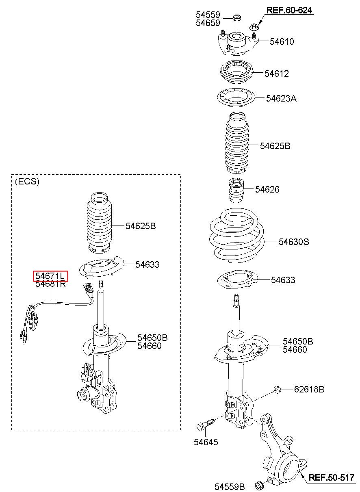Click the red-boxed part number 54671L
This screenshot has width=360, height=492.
pyautogui.click(x=50, y=276)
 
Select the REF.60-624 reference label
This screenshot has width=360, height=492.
pyautogui.click(x=289, y=10)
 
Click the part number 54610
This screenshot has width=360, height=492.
pyautogui.click(x=282, y=41)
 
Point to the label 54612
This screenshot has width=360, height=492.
pyautogui.click(x=277, y=74)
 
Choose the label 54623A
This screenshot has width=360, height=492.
pyautogui.click(x=281, y=98)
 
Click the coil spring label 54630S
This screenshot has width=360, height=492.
pyautogui.click(x=294, y=242)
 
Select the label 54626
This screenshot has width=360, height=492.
pyautogui.click(x=267, y=189)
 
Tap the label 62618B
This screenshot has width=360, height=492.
pyautogui.click(x=309, y=390)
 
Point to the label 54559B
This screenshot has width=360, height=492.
pyautogui.click(x=230, y=487)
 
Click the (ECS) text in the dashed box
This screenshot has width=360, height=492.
pyautogui.click(x=27, y=182)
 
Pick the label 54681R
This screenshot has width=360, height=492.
pyautogui.click(x=50, y=284)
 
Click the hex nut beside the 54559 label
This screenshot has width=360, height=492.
pyautogui.click(x=236, y=17)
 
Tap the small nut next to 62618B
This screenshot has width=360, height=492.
pyautogui.click(x=278, y=390)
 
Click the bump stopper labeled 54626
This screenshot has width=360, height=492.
pyautogui.click(x=236, y=191)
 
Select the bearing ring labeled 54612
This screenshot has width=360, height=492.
pyautogui.click(x=237, y=72)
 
